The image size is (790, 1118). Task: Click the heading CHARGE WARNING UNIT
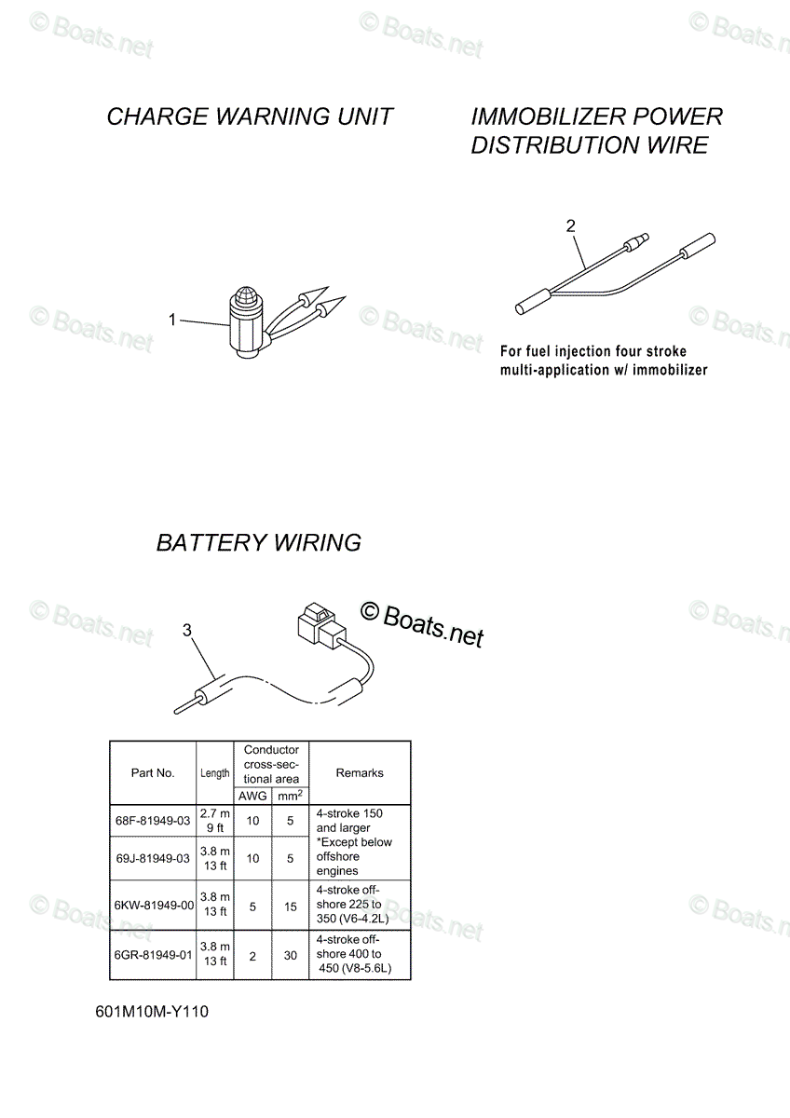coord(250,116)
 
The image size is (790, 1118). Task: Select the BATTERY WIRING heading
coord(258,542)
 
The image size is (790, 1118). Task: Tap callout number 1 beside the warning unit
coord(172,320)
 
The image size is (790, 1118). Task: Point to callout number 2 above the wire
coord(571,226)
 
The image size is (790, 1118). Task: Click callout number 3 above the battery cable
coord(186,631)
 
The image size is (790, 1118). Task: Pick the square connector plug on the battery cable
coord(320,625)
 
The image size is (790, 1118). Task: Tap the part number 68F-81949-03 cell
coord(153,821)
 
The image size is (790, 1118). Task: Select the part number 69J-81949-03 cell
coord(153,858)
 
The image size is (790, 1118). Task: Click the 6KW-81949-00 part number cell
coord(154,906)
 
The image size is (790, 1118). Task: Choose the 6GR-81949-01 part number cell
coord(153,955)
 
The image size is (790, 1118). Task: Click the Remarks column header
coord(360,772)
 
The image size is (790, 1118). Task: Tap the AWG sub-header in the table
coord(252,796)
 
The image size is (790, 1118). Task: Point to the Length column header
coord(215,773)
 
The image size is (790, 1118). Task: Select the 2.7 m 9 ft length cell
coord(215,821)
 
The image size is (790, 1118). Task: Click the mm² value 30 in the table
coord(291,955)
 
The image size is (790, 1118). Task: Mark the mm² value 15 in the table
coord(291,907)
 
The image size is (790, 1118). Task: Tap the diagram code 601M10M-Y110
coord(152,1012)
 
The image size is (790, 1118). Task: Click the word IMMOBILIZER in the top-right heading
coord(549,116)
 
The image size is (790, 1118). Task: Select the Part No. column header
coord(153,772)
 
